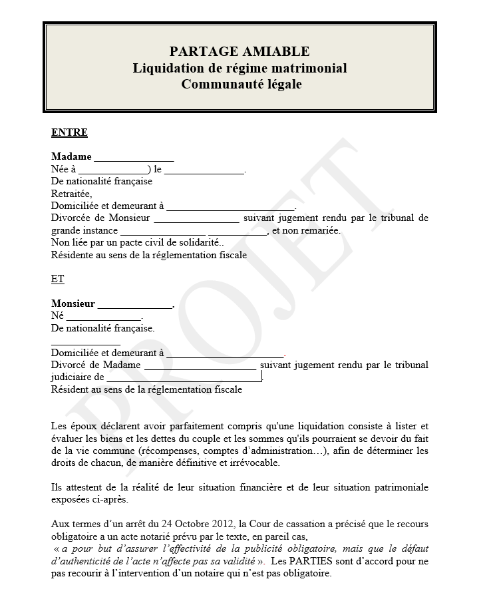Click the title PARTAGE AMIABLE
click(240, 51)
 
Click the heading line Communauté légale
click(241, 85)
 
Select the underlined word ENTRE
click(69, 132)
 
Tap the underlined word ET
click(58, 280)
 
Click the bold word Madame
click(71, 157)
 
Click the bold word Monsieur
click(73, 303)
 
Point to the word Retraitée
click(71, 193)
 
